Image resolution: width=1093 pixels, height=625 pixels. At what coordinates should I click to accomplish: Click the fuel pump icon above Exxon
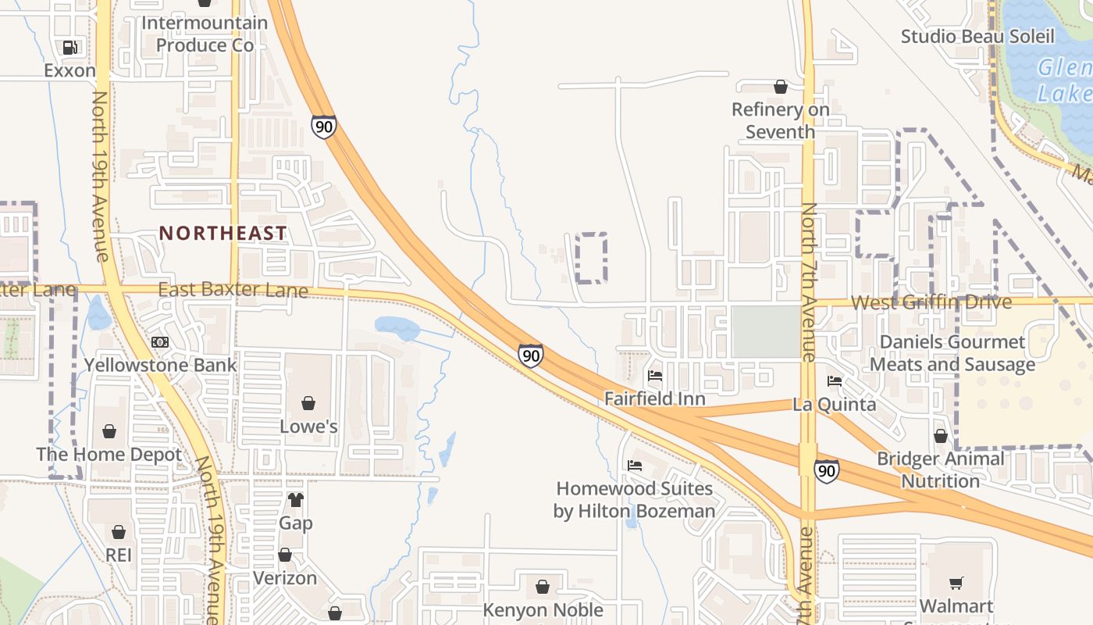pyautogui.click(x=70, y=48)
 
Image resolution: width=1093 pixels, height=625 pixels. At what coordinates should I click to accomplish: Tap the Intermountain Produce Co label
pyautogui.click(x=205, y=34)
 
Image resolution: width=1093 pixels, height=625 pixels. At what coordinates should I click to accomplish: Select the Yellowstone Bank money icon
pyautogui.click(x=160, y=342)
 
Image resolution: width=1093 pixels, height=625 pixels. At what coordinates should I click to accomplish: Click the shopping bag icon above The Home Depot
pyautogui.click(x=109, y=431)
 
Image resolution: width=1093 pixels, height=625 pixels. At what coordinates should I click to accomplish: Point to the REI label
pyautogui.click(x=119, y=555)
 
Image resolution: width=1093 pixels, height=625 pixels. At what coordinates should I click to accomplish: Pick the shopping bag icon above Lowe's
pyautogui.click(x=308, y=403)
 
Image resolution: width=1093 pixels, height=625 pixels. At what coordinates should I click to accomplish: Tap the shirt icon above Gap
pyautogui.click(x=296, y=500)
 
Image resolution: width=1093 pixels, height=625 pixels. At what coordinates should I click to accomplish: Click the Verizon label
pyautogui.click(x=285, y=578)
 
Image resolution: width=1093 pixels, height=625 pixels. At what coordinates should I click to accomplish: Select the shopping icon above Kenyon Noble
pyautogui.click(x=543, y=586)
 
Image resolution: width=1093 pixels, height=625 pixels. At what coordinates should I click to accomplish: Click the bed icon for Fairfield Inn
pyautogui.click(x=655, y=376)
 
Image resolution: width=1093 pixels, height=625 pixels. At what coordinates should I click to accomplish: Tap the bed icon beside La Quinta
pyautogui.click(x=835, y=381)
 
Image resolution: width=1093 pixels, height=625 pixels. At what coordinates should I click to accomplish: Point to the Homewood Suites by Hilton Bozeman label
pyautogui.click(x=634, y=500)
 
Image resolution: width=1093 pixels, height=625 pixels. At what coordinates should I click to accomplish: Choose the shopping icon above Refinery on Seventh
pyautogui.click(x=780, y=87)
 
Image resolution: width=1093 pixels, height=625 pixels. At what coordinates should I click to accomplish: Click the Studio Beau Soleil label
pyautogui.click(x=977, y=36)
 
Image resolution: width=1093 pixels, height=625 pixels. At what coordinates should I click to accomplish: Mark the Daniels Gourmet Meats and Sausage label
pyautogui.click(x=952, y=353)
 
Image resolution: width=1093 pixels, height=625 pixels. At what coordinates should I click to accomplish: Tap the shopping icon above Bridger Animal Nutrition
pyautogui.click(x=941, y=436)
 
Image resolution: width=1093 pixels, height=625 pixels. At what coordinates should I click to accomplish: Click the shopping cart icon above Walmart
pyautogui.click(x=956, y=583)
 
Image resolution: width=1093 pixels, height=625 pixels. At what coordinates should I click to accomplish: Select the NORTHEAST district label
pyautogui.click(x=223, y=233)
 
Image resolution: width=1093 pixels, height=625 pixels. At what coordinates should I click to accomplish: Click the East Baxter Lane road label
pyautogui.click(x=233, y=291)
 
